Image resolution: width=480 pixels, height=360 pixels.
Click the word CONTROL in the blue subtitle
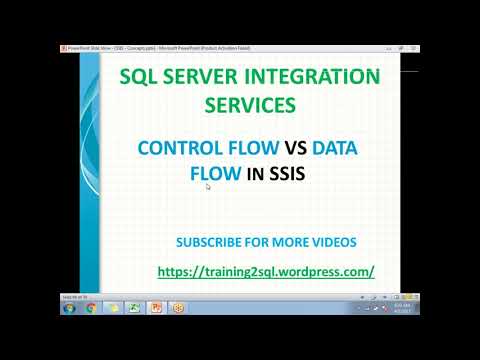[180, 149]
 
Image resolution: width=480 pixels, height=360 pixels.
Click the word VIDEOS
[332, 242]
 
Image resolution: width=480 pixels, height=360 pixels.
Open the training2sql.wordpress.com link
[266, 271]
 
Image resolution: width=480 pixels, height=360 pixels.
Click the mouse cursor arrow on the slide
[209, 187]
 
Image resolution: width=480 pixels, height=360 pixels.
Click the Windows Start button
[68, 308]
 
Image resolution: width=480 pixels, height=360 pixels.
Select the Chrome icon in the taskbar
[91, 308]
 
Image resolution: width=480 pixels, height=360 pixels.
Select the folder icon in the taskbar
[113, 308]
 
